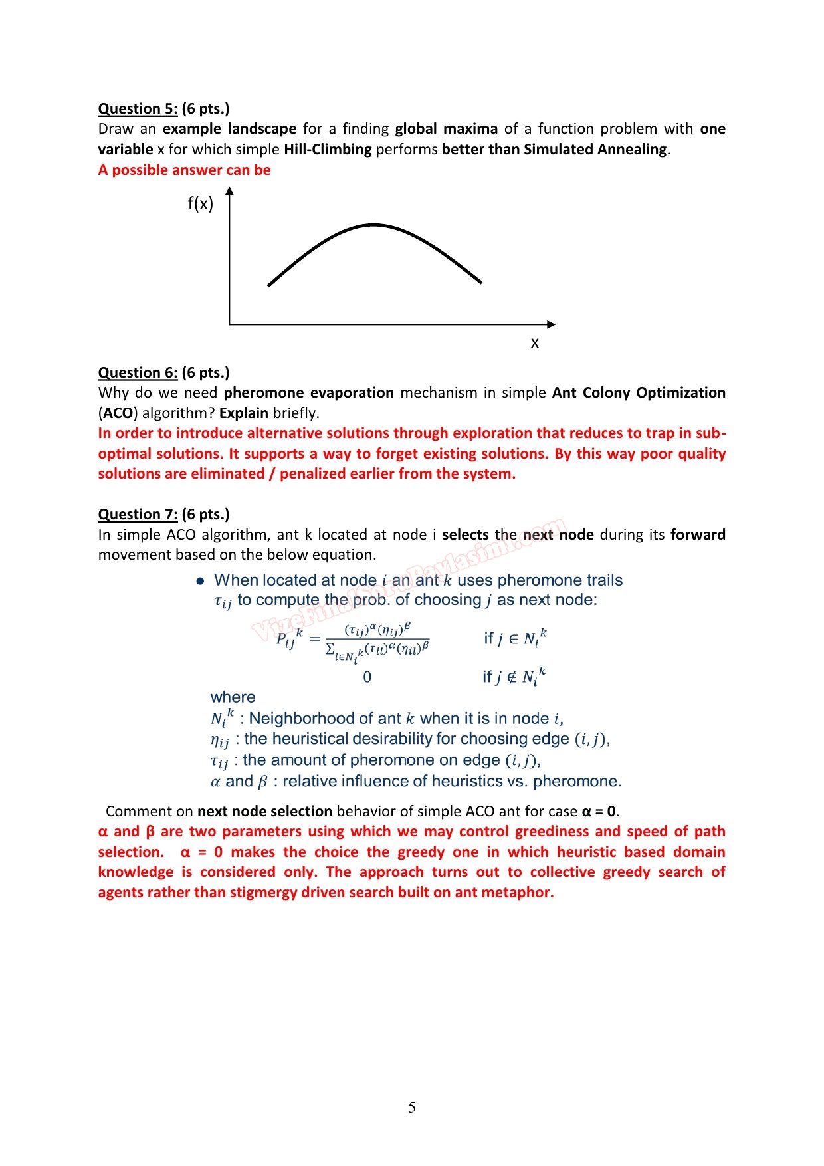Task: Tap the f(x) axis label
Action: (201, 203)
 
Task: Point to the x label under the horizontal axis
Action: (535, 343)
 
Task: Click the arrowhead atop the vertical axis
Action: (229, 191)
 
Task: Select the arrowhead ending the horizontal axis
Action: (551, 324)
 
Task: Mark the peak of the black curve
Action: (374, 225)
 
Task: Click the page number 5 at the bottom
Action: (412, 1107)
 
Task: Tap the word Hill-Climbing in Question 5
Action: (328, 150)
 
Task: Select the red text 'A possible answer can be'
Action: (185, 170)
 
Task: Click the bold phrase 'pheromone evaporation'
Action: (309, 393)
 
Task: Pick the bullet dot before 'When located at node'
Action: (200, 582)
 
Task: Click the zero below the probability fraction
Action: (367, 677)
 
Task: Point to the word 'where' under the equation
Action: (233, 697)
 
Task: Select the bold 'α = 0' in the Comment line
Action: (599, 812)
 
